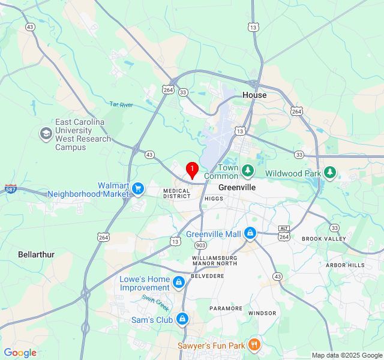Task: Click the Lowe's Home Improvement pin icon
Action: coord(178,281)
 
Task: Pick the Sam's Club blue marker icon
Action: coord(182,319)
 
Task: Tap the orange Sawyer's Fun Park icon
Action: coord(254,345)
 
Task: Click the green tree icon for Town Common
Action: coord(248,172)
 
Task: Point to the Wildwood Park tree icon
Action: coord(329,173)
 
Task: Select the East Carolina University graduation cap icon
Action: coord(46,134)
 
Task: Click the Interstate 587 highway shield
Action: coord(11,190)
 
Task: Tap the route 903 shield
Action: coord(200,245)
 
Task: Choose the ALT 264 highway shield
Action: coord(284,233)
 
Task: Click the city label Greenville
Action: coord(237,187)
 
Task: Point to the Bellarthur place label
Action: coord(36,254)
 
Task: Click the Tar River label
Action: coord(121,104)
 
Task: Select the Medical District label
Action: coord(177,193)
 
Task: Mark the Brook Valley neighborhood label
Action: coord(324,239)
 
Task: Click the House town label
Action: coord(254,95)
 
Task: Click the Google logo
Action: coord(20,353)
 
